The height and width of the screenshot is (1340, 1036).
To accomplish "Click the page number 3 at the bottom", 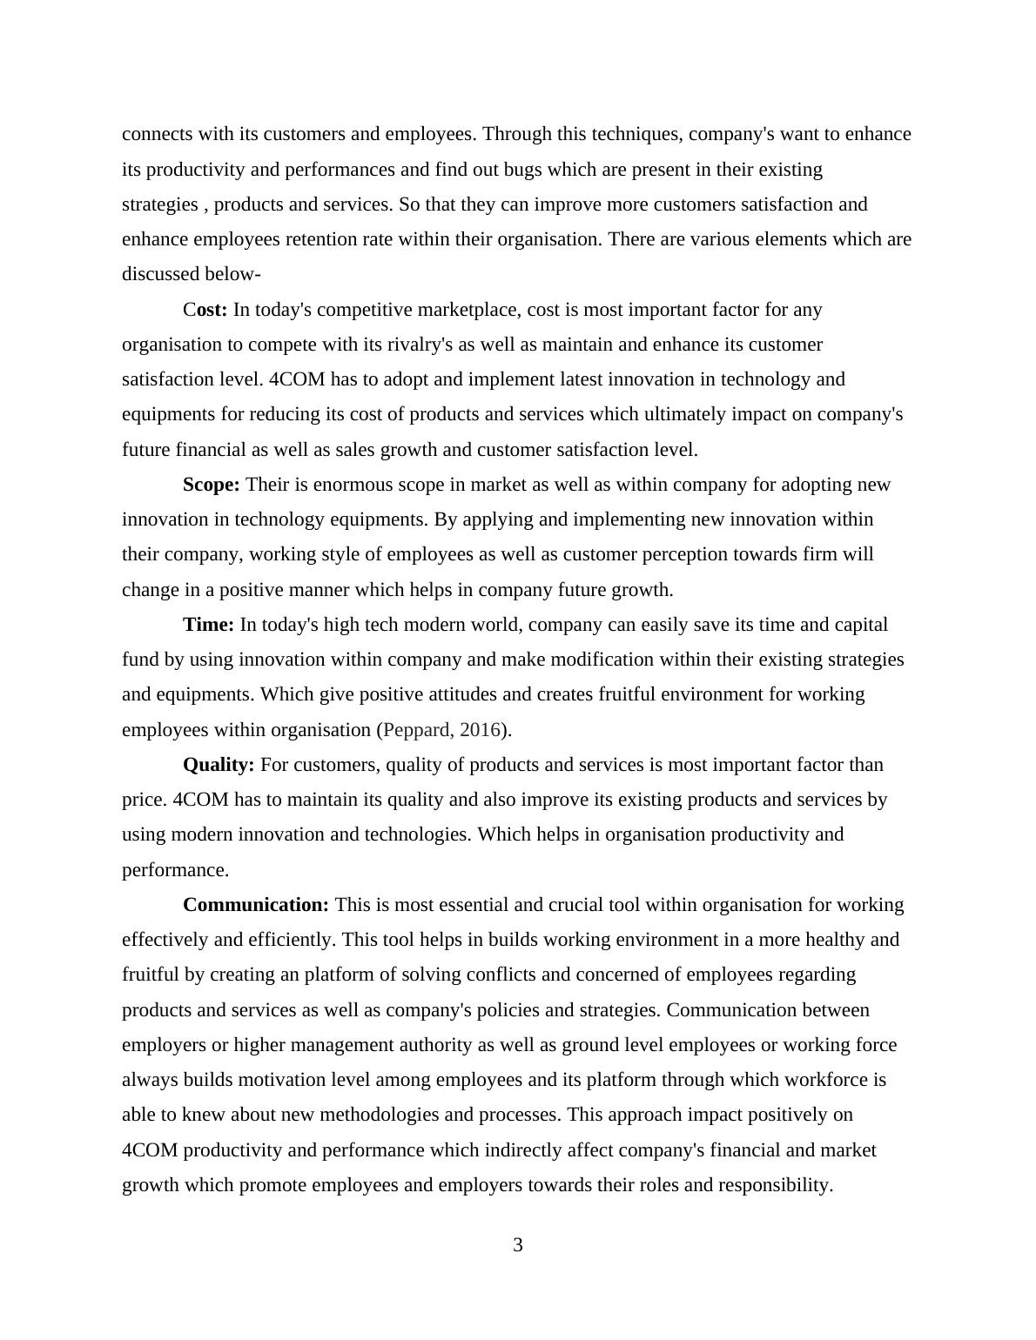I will point(518,1245).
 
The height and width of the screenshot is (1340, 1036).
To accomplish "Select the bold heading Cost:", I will point(205,310).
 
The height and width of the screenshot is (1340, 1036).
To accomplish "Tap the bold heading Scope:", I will point(211,485).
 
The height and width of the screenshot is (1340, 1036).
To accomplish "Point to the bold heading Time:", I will point(208,625).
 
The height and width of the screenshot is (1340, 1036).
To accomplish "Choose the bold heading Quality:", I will point(219,765).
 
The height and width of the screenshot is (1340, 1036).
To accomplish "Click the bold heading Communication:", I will point(256,905).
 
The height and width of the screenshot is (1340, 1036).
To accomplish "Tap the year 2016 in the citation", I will point(480,730).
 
